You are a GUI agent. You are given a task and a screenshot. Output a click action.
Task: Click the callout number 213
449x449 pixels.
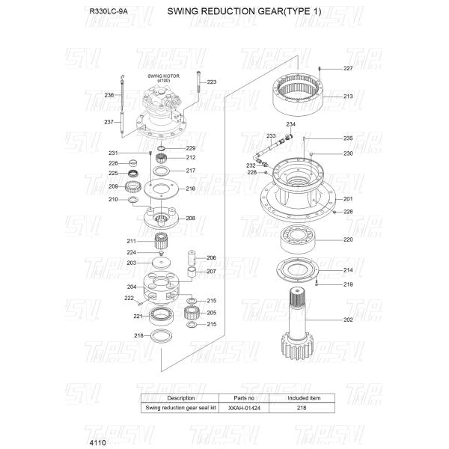[348, 97]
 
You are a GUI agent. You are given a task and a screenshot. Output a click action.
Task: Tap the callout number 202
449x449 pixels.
[348, 320]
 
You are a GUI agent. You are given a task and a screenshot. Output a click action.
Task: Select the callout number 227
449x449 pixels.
[348, 68]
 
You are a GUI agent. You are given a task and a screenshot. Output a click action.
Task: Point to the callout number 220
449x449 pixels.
[348, 239]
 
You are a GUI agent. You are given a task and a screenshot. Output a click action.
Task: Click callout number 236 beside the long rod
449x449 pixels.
[109, 95]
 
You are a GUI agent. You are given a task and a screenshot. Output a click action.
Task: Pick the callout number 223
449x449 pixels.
[211, 82]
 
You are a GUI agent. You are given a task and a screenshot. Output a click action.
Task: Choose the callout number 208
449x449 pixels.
[190, 218]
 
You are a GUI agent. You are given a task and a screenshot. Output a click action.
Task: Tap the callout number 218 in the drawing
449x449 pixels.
[138, 335]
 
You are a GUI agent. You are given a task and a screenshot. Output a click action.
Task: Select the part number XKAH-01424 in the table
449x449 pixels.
[245, 408]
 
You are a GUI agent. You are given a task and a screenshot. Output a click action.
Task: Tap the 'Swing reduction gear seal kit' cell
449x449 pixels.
[181, 408]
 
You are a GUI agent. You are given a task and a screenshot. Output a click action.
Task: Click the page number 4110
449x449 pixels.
[99, 442]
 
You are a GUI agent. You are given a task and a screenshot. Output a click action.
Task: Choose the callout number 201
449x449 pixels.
[348, 199]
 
